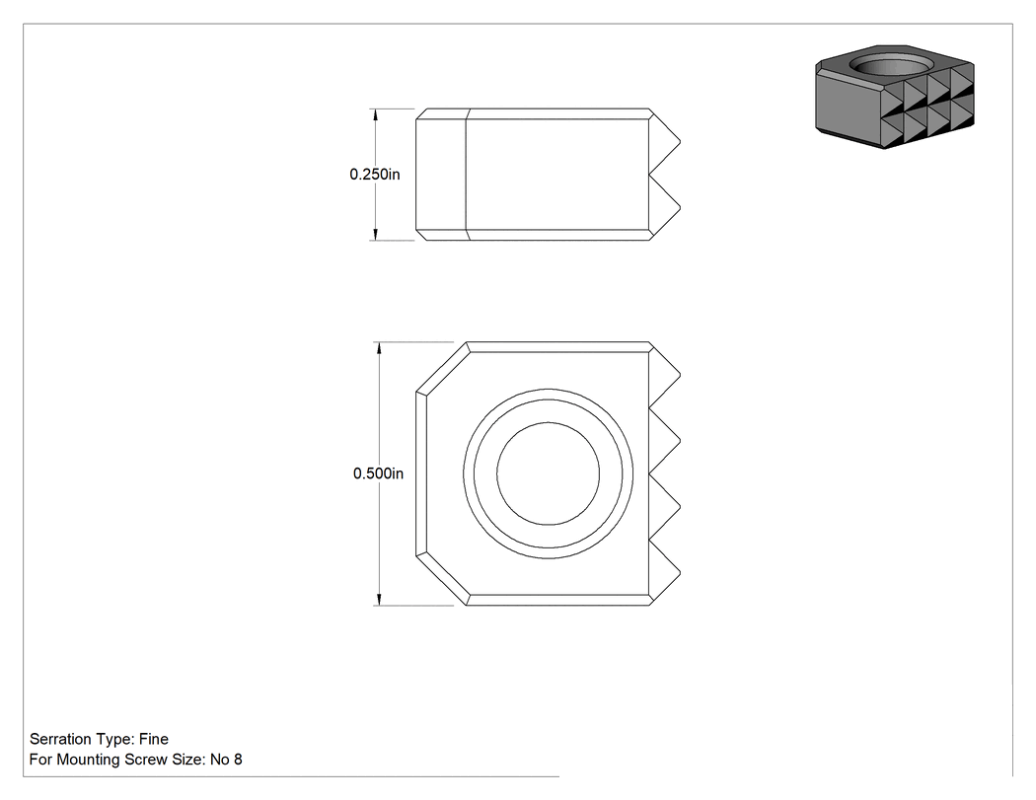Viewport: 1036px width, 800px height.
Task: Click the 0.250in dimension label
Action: point(375,175)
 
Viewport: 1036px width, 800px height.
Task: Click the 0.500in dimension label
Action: point(378,473)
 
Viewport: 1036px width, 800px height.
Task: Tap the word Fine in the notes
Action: point(153,739)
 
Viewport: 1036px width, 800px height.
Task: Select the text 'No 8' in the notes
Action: point(226,760)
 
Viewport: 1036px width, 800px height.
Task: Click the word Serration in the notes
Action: point(60,739)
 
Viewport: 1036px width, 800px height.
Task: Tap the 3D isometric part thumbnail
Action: point(895,97)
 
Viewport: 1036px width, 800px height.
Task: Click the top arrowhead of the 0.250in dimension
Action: point(376,115)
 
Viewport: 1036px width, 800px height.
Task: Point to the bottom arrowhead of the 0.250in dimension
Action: point(376,234)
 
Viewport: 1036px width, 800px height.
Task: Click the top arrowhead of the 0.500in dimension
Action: point(379,349)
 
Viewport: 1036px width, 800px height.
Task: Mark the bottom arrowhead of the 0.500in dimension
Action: point(379,599)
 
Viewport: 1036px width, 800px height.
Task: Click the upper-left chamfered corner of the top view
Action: point(441,367)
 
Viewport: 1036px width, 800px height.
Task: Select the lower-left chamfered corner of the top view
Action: point(441,580)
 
